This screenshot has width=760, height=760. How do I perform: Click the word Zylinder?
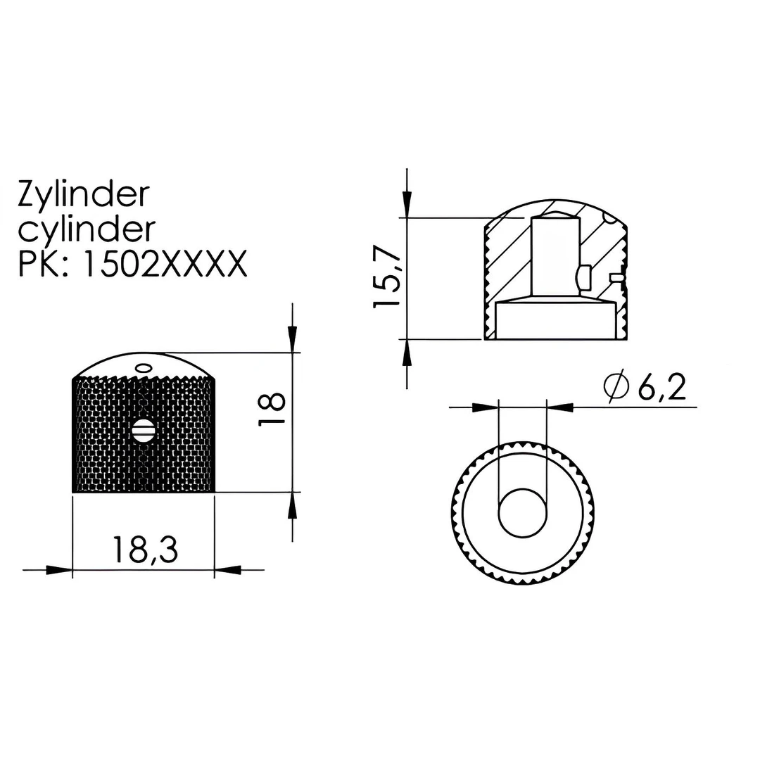click(83, 195)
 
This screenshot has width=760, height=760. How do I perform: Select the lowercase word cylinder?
click(87, 229)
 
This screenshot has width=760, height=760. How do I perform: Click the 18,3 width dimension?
click(145, 550)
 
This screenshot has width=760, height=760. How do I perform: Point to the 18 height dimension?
click(272, 409)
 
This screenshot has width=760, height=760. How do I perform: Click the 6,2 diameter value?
click(661, 388)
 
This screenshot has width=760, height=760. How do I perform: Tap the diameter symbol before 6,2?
click(616, 387)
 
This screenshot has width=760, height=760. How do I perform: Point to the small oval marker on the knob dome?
click(144, 367)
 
